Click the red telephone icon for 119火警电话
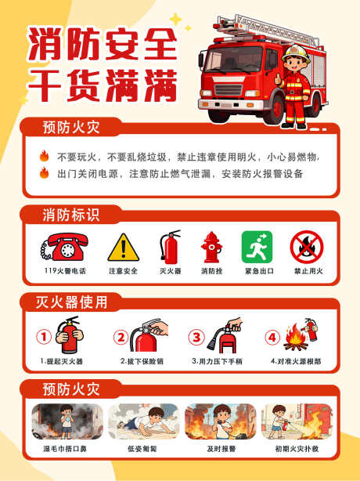65,248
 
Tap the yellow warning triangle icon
122,248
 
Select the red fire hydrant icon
211,247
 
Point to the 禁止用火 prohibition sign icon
307,247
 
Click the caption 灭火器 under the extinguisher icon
171,271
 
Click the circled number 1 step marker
45,338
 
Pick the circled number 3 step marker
197,338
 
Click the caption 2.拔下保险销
142,362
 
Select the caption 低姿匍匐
142,450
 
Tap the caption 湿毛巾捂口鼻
67,450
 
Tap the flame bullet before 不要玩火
45,155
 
